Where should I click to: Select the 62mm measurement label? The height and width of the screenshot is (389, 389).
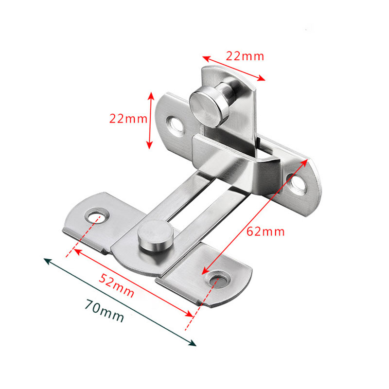point(265,231)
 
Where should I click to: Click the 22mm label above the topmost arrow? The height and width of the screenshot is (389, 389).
point(245,56)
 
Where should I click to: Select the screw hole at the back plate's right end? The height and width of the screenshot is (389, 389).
point(297,182)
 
